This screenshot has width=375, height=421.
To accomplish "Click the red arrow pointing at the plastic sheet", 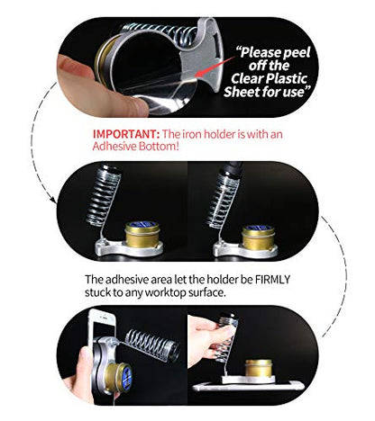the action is tap(215, 66).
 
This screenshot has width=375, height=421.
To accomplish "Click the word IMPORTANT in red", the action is tap(126, 134).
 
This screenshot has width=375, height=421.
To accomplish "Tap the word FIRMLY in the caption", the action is tap(272, 279).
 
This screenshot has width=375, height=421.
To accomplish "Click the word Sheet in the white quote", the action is tap(242, 92).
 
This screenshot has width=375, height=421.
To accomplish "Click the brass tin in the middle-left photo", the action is tap(142, 235).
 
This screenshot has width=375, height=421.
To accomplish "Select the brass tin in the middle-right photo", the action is tap(259, 237).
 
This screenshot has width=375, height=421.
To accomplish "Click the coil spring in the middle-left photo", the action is tap(103, 195).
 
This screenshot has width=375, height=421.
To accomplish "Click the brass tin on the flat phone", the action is tap(259, 368).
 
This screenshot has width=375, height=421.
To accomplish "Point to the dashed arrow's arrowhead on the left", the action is tap(53, 201).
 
